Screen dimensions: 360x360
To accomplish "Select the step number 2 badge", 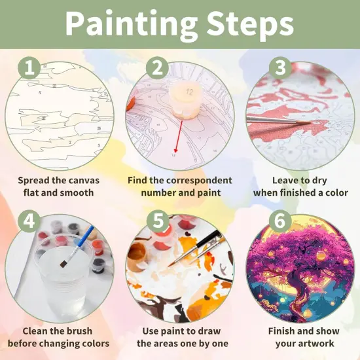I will tap(156, 67).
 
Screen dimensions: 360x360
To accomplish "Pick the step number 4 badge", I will tap(29, 221).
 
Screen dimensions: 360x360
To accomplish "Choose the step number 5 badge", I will tap(156, 221).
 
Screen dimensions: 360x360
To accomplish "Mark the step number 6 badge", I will tap(280, 221).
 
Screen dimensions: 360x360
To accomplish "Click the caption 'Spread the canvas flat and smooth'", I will tap(56, 187).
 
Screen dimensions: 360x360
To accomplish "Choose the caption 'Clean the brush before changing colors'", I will tap(56, 337).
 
